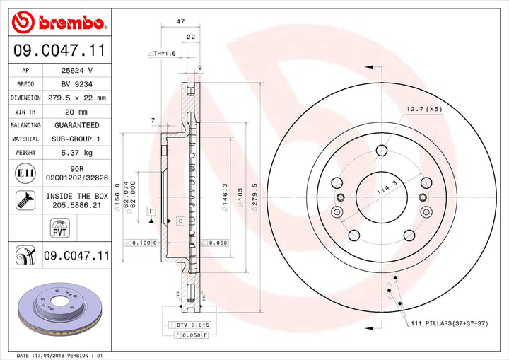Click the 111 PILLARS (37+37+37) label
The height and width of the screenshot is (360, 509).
point(450,323)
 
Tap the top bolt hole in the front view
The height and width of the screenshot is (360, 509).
point(381,149)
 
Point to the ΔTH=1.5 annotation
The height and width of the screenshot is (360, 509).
point(162,54)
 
